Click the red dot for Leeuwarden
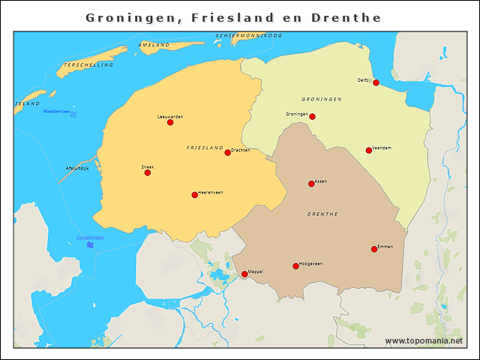(x=170, y=122)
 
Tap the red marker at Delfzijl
(x=376, y=82)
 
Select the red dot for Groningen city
(x=312, y=116)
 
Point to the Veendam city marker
(x=368, y=150)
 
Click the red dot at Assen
(x=311, y=184)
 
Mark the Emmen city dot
(x=374, y=249)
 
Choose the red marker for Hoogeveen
(x=295, y=266)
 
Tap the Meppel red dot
(x=244, y=274)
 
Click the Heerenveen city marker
(x=194, y=195)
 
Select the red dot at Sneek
(x=147, y=172)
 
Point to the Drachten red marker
(x=227, y=152)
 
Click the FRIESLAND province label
(x=205, y=148)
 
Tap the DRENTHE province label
(x=323, y=214)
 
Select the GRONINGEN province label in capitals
(x=322, y=99)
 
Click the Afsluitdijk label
(x=77, y=168)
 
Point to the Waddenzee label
(x=56, y=112)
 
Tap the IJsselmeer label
(x=91, y=238)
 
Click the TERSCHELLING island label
(x=88, y=65)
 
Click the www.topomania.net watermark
(x=424, y=340)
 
